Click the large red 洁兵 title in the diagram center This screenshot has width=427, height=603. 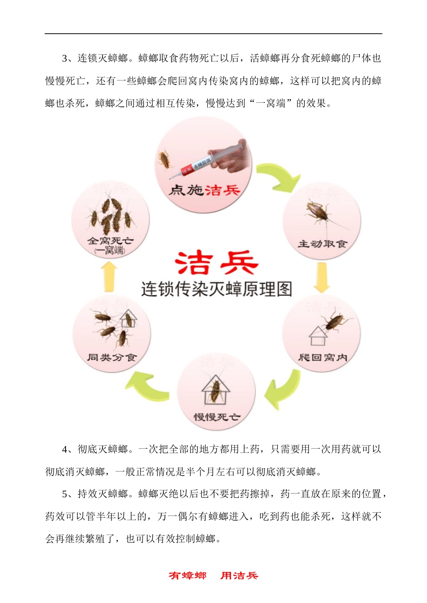tap(216, 263)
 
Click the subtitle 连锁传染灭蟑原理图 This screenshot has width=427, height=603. tap(216, 289)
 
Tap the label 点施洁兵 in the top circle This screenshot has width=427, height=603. tap(205, 190)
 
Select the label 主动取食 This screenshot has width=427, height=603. tap(322, 244)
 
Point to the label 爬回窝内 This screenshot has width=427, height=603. tap(322, 358)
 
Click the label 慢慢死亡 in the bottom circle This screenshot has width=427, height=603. tap(217, 417)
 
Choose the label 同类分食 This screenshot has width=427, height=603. tap(111, 358)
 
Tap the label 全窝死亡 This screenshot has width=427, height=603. tap(111, 241)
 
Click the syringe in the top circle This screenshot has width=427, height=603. tap(211, 159)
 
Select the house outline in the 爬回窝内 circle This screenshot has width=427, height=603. tap(318, 336)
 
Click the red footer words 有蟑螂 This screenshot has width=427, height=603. tap(187, 576)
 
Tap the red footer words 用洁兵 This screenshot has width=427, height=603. tap(239, 576)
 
